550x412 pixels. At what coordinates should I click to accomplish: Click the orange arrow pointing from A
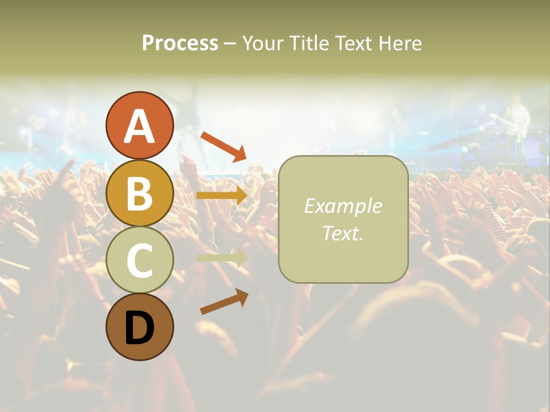coord(223,146)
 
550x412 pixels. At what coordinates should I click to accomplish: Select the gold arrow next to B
coord(222,196)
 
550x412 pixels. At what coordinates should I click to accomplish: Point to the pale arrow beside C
coord(222,257)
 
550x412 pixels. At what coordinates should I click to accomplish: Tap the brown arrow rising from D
coord(224,302)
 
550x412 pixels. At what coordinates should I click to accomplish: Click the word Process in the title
coord(180,43)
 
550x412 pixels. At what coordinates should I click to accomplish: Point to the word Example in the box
coord(343,206)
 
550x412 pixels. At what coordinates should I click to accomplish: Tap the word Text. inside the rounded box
coord(343,233)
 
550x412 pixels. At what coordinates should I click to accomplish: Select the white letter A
coord(139,126)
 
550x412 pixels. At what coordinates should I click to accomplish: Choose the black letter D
coord(139,329)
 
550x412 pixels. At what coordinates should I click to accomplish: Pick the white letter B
coord(139,193)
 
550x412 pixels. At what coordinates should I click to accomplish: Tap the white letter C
coord(139,261)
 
